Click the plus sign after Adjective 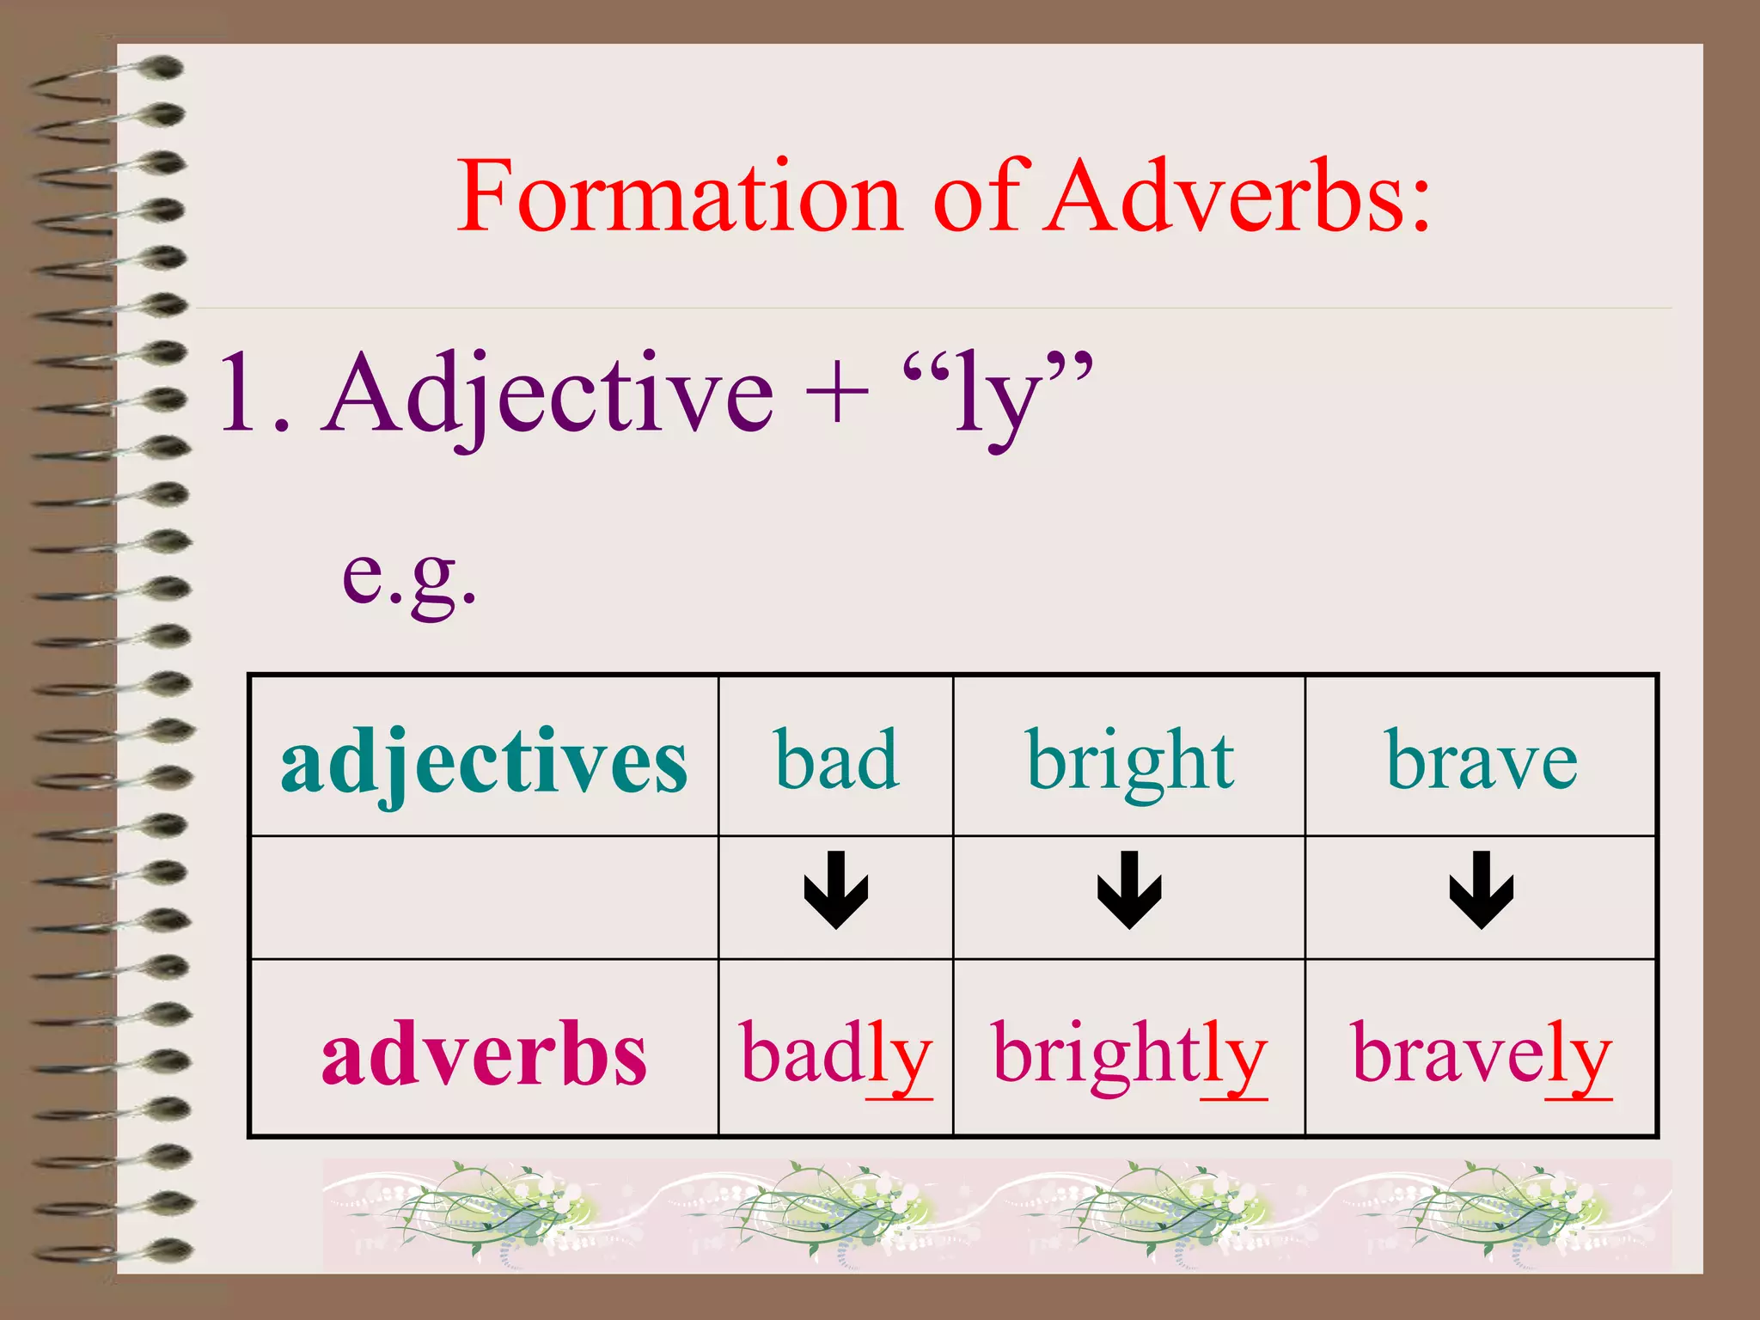point(837,395)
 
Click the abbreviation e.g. point(409,576)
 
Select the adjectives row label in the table point(484,761)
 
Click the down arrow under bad point(836,891)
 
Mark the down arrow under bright point(1129,891)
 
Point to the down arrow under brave point(1482,891)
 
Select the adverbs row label point(484,1055)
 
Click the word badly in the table point(836,1055)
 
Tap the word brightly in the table point(1129,1055)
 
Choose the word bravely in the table point(1482,1055)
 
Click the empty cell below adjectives point(484,896)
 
